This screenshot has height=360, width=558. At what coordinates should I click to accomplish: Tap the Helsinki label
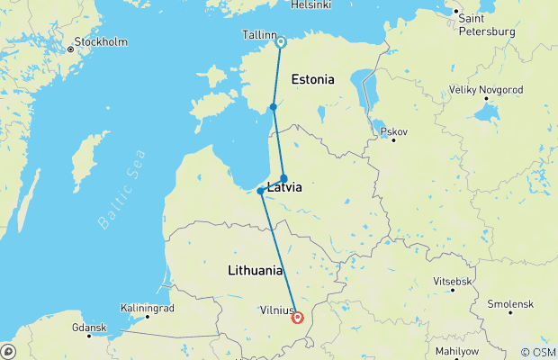(x=311, y=5)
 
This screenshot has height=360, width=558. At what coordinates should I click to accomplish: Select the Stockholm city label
(x=100, y=41)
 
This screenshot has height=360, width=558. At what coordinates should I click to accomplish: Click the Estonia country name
(x=312, y=79)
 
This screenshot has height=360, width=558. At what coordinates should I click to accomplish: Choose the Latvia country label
(x=283, y=189)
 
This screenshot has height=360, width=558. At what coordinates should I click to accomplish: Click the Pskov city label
(x=394, y=131)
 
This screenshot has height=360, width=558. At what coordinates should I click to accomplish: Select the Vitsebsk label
(x=452, y=282)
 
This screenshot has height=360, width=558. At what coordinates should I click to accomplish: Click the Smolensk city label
(x=510, y=304)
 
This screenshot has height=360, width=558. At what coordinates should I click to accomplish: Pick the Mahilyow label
(x=482, y=351)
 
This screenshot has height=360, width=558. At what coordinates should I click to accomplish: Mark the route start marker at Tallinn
(x=281, y=41)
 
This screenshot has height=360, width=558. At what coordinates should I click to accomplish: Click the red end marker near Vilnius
(x=297, y=317)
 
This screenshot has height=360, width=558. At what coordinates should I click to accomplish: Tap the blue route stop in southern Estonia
(x=273, y=107)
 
